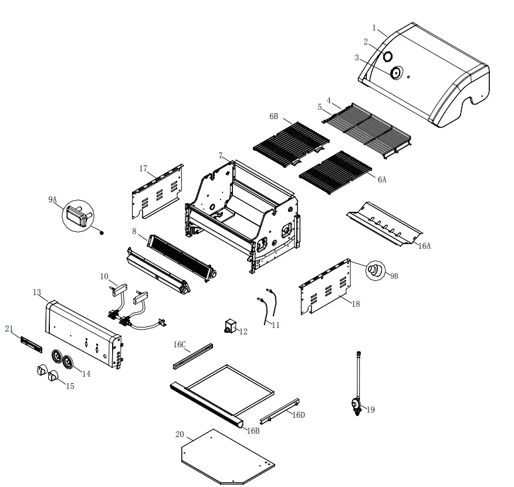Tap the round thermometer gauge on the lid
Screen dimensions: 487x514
coord(396,73)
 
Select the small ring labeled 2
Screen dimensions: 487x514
coord(388,57)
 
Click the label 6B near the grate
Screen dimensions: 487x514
coord(274,117)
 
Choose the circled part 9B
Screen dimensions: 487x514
coord(374,271)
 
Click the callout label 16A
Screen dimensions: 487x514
coord(424,246)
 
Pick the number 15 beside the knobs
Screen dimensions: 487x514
coord(70,386)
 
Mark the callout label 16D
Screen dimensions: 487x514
coord(299,415)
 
